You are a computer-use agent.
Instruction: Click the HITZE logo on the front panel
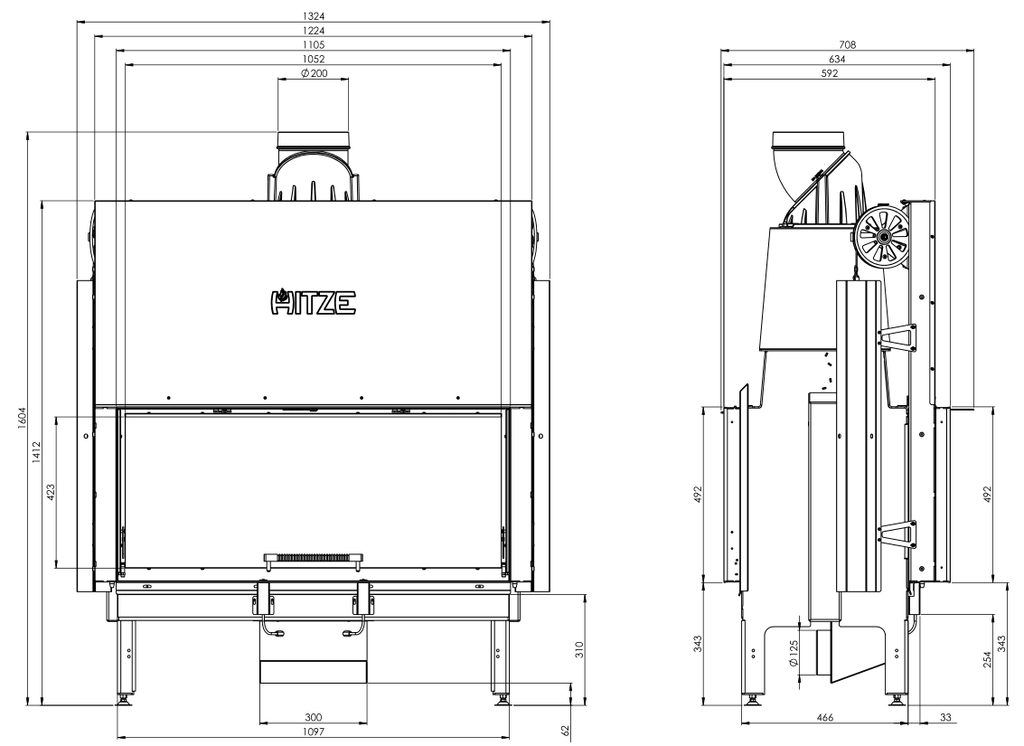click(x=314, y=301)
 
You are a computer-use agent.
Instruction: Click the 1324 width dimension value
click(x=314, y=15)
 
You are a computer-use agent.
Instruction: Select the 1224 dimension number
click(x=314, y=30)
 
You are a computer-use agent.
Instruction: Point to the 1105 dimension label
click(x=314, y=44)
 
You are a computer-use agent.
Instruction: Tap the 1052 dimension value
click(x=314, y=59)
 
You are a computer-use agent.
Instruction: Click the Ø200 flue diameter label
click(x=315, y=73)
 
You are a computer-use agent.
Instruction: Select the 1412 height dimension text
click(x=36, y=453)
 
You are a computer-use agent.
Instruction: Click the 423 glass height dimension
click(x=51, y=492)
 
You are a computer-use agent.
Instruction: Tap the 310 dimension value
click(x=578, y=649)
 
